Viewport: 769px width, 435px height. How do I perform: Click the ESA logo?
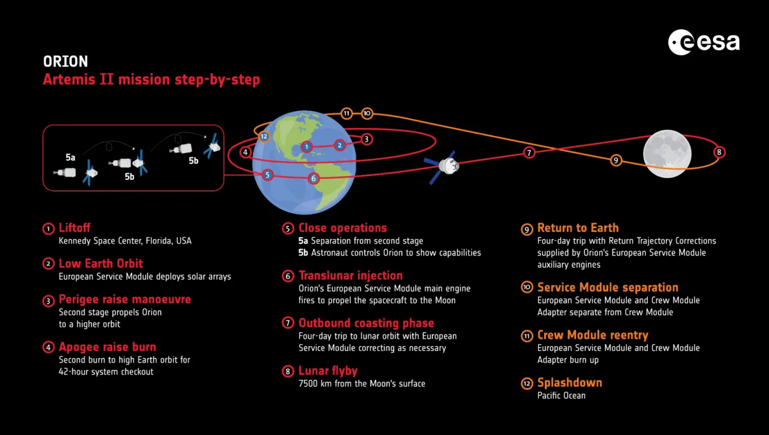704,42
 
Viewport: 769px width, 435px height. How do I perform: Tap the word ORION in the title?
65,62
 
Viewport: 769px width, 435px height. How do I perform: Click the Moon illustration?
667,154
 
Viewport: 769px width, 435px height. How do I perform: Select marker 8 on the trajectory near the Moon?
719,152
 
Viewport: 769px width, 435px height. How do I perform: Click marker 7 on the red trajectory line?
529,152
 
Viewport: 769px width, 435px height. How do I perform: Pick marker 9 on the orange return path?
616,160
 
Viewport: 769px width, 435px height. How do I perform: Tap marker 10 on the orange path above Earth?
367,113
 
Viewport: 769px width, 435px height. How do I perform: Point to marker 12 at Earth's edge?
263,136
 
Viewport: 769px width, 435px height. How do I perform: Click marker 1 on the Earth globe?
306,147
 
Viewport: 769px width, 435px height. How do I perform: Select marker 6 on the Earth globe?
313,179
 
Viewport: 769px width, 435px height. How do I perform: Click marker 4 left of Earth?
245,152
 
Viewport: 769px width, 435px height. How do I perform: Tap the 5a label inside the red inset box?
70,157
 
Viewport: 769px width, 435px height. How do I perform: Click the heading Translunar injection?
351,275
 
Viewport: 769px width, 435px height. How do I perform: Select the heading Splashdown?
570,382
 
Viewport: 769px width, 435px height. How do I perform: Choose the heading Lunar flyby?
328,370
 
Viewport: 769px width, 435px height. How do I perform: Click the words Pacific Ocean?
561,395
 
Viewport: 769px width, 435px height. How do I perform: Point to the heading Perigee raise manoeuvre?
124,299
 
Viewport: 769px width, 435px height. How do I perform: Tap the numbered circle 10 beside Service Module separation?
527,287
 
